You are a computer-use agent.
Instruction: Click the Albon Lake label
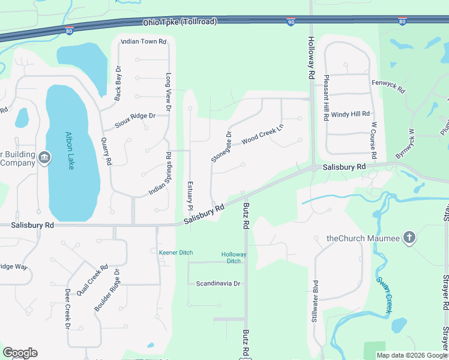pos(70,151)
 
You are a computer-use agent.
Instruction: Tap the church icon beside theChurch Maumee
pos(409,238)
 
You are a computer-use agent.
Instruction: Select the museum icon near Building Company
pos(44,158)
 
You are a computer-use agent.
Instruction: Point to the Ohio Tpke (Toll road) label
pos(179,22)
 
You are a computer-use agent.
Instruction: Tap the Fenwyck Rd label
pos(388,86)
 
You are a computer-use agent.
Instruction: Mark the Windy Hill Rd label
pos(351,113)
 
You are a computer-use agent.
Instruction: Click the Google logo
pos(20,353)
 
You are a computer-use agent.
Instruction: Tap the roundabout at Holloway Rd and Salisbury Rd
pos(313,168)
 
